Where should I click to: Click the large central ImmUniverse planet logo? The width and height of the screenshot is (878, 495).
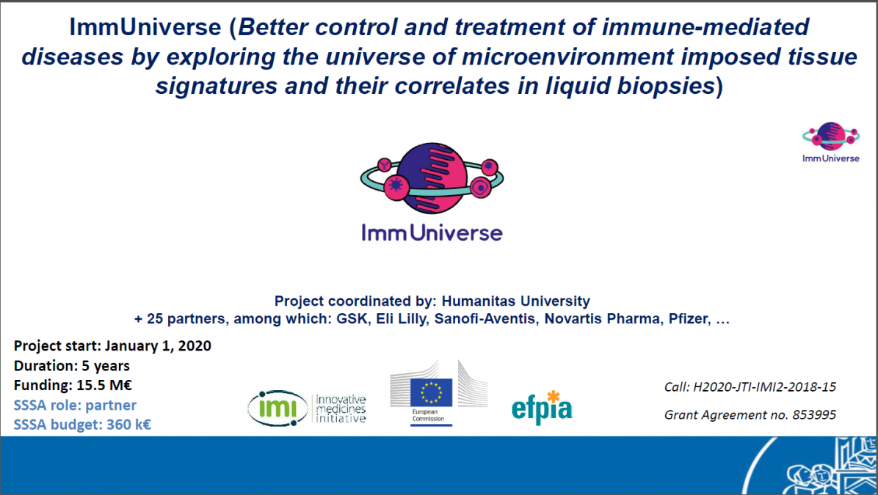(432, 178)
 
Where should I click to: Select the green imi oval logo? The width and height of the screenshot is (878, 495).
(277, 408)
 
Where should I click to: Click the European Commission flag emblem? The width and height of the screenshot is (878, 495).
(431, 392)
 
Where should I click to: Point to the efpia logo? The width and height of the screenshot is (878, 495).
(542, 407)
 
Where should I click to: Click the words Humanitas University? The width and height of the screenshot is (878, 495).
(515, 301)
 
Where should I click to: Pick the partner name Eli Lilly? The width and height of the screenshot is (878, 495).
(400, 319)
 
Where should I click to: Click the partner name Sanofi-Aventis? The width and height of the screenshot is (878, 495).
(485, 319)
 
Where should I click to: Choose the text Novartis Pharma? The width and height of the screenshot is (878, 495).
(602, 319)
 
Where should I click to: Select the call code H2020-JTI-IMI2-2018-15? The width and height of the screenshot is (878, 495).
(764, 386)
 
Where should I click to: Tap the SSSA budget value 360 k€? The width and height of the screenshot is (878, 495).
(128, 425)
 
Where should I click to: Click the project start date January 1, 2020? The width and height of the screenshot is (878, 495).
(158, 345)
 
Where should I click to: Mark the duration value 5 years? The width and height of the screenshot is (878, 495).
(105, 366)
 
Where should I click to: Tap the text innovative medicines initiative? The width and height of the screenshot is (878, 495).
(341, 408)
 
